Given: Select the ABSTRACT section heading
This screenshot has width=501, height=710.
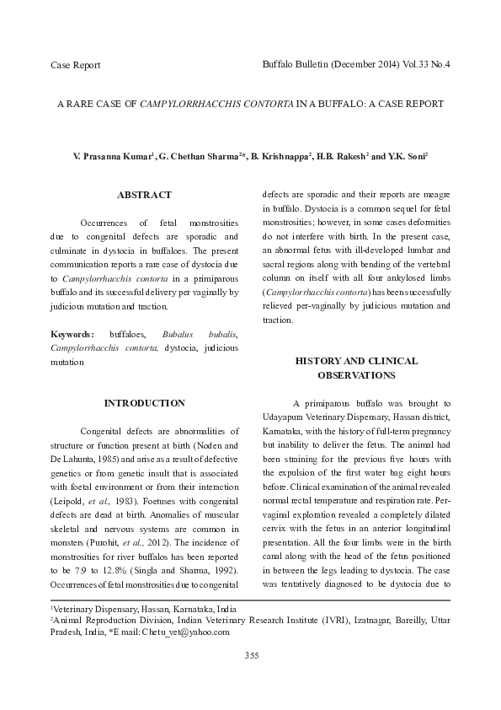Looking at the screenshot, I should [144, 195].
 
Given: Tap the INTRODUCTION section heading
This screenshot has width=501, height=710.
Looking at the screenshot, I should [144, 403].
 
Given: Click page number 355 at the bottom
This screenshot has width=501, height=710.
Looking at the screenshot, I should [251, 655].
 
